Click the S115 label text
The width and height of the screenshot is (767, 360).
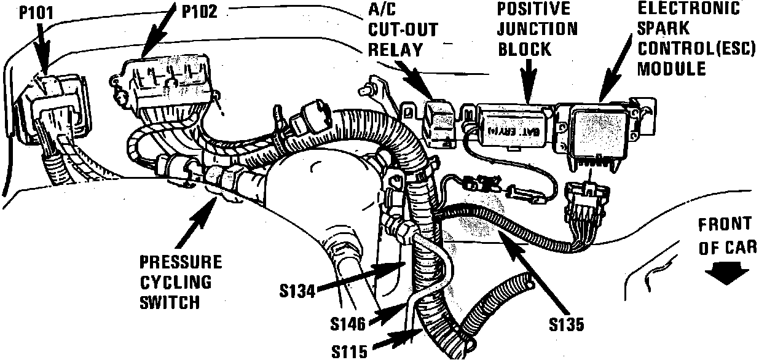point(349,351)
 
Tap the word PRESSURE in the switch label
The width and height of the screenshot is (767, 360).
point(180,262)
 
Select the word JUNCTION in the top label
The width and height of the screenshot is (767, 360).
point(537,29)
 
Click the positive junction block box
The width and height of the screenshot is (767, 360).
point(514,125)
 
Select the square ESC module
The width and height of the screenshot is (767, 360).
point(594,131)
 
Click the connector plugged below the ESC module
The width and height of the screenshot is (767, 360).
point(588,202)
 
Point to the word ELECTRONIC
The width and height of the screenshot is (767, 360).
point(688,9)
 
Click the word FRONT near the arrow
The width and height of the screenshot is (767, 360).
point(724,224)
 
